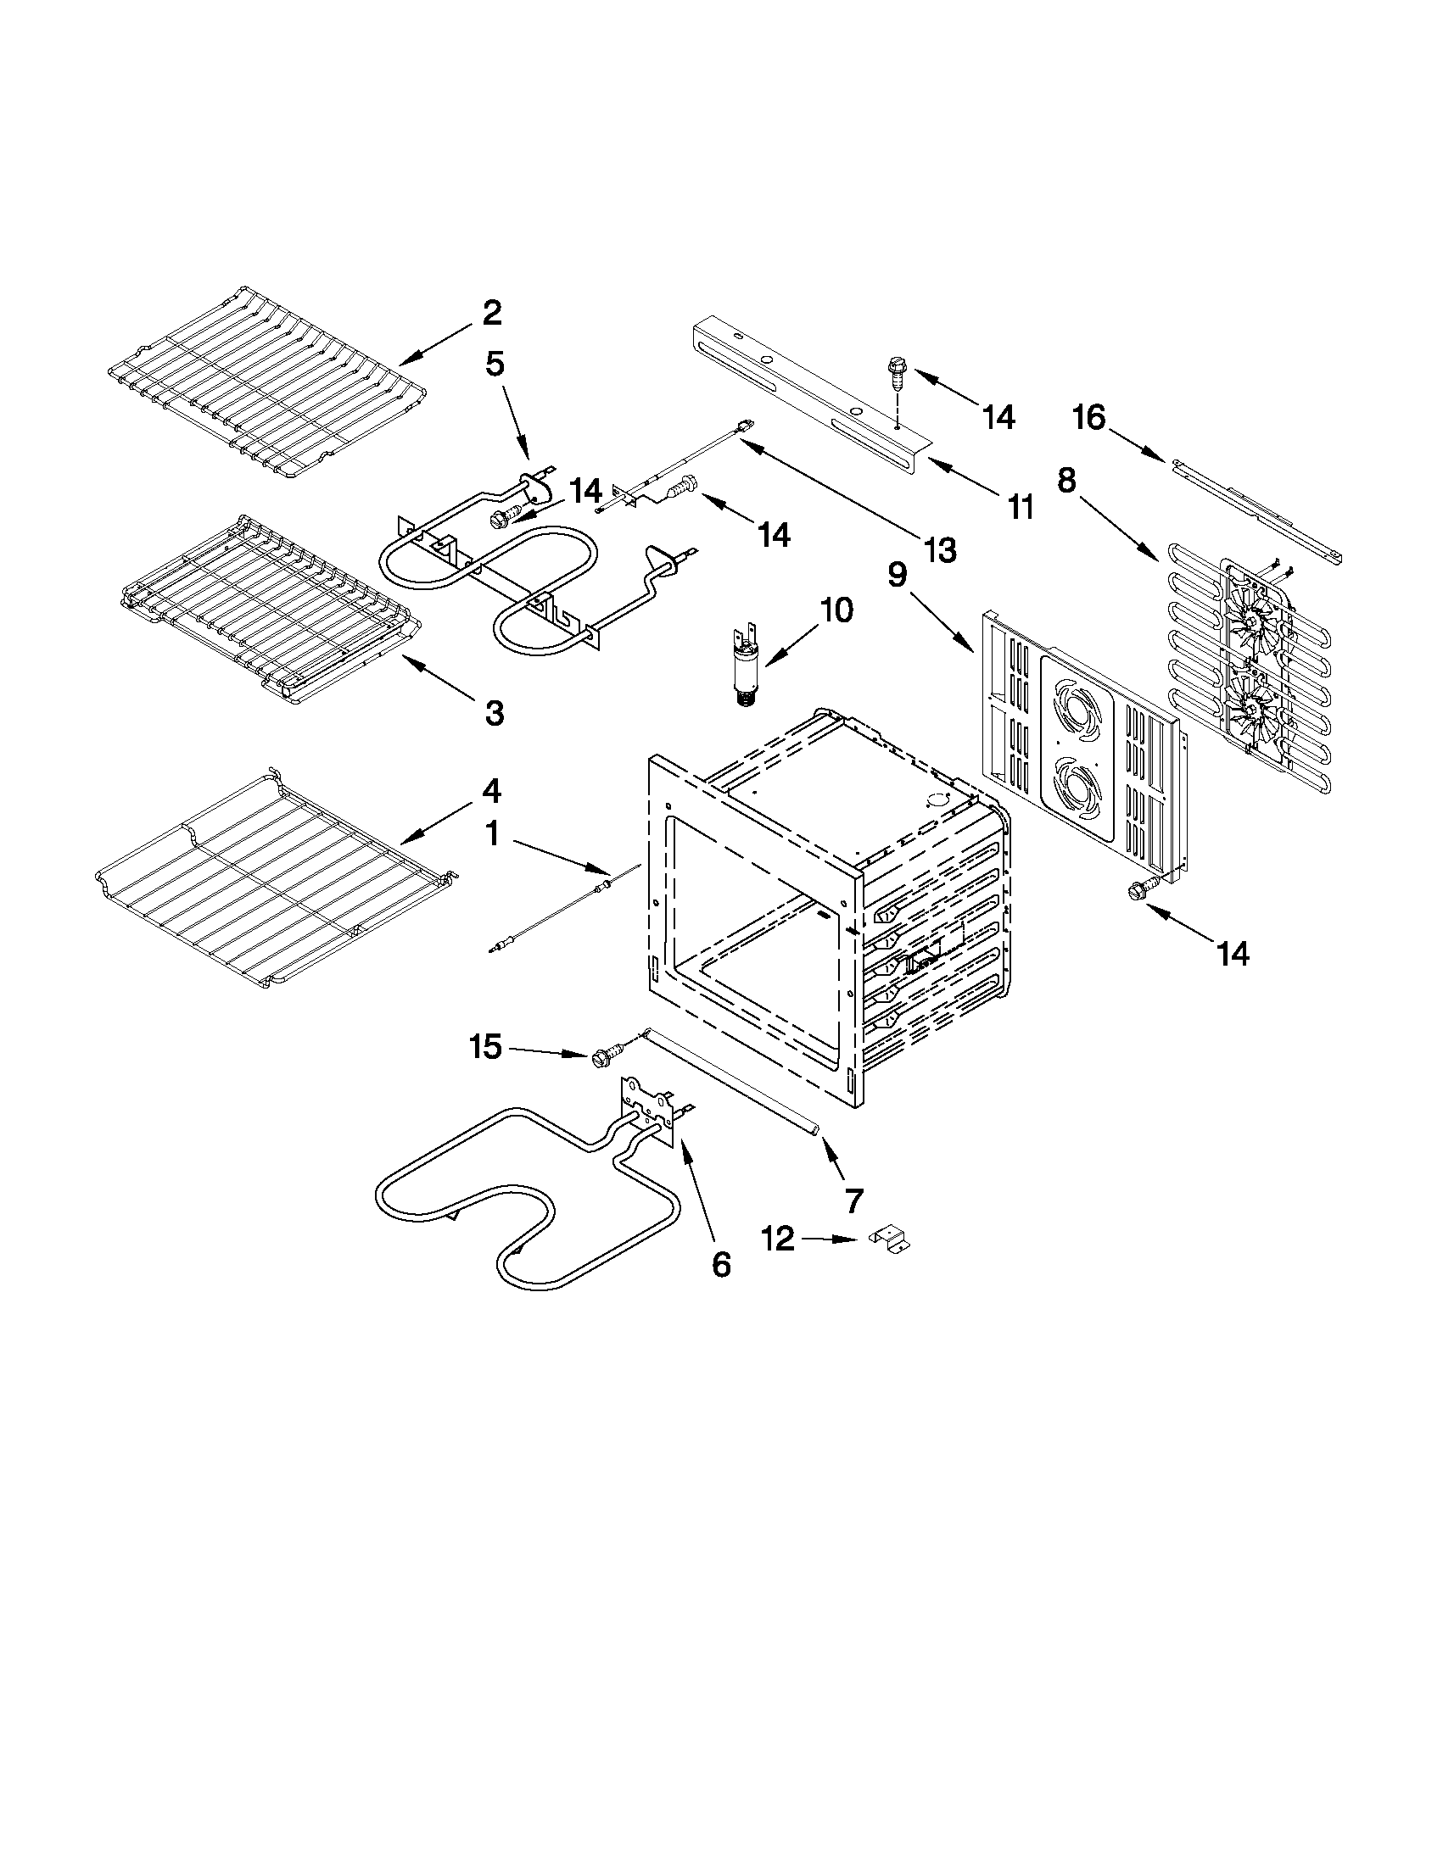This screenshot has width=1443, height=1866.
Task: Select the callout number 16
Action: [1089, 418]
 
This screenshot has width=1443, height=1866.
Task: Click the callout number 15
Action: [485, 1047]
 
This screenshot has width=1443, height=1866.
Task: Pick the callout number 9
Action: [897, 575]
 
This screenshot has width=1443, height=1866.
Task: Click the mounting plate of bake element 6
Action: [648, 1111]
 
